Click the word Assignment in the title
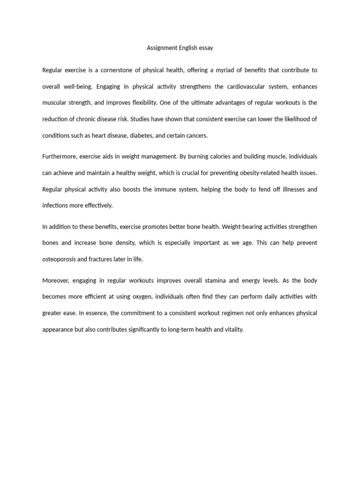tap(162, 48)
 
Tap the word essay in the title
tap(206, 48)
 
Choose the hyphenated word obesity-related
tap(262, 173)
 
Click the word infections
tap(55, 205)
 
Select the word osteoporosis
tap(60, 259)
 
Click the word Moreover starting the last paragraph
tap(56, 281)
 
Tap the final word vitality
tap(233, 330)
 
